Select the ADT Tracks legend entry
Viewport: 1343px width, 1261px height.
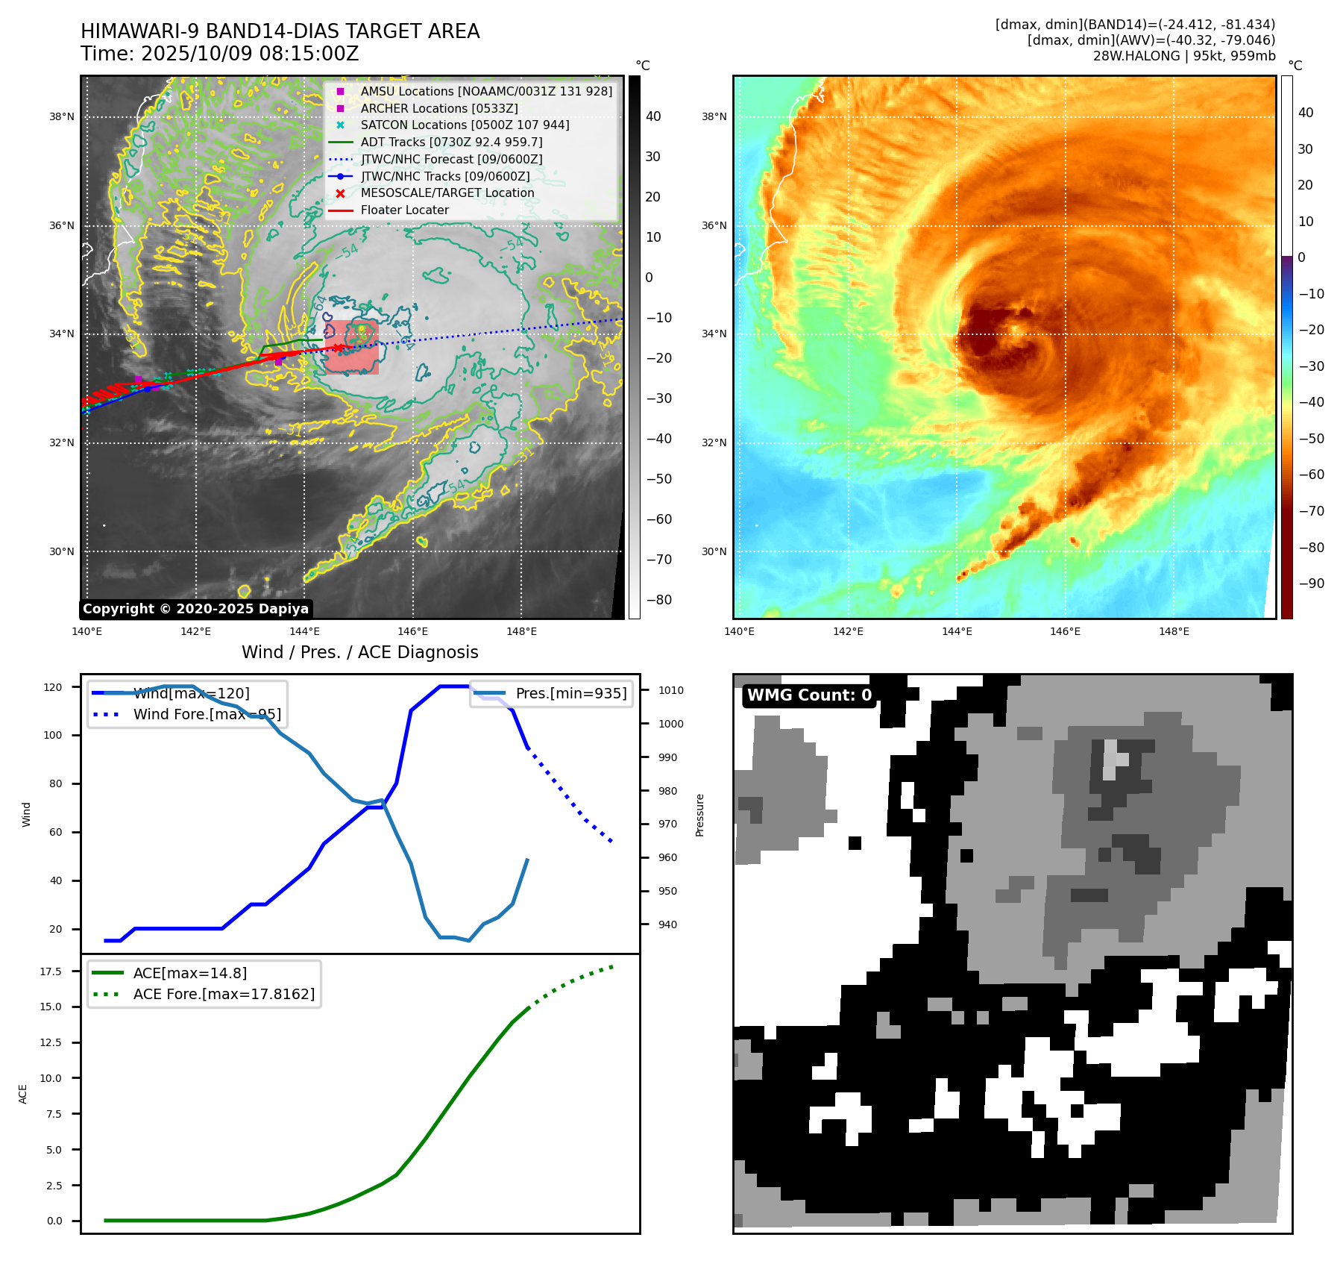451,142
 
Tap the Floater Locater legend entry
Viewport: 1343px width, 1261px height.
404,210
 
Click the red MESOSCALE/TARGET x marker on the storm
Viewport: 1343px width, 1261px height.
338,348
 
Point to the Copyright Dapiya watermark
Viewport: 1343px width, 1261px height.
195,609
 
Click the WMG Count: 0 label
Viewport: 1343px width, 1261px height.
809,695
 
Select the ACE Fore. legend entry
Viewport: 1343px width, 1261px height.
224,994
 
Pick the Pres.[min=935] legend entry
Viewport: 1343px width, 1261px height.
570,693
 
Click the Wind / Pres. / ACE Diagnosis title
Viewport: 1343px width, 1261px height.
359,652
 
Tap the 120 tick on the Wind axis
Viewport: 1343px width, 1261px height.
53,687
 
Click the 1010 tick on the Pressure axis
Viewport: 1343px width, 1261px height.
670,690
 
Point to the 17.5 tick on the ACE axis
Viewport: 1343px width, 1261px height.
51,971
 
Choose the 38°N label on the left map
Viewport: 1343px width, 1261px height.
62,116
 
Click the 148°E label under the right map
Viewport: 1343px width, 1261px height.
1174,631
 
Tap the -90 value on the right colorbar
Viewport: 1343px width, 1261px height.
1311,583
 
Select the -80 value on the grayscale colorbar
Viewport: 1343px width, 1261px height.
658,600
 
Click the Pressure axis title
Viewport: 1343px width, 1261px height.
699,815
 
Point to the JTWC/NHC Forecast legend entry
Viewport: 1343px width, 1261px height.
451,159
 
